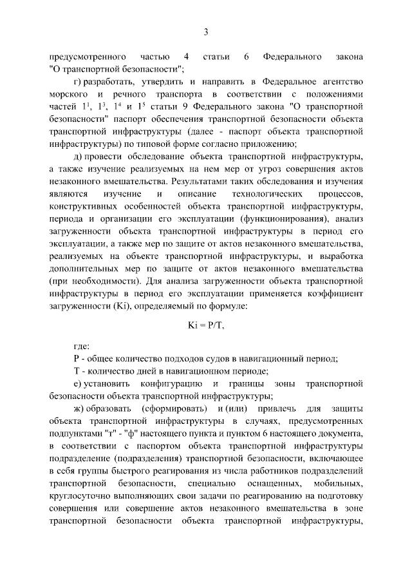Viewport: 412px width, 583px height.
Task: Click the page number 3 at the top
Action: point(206,32)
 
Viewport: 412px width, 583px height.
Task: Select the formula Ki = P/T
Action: point(206,325)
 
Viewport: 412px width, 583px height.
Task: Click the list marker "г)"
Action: point(80,82)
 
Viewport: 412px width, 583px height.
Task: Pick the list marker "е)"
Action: point(80,384)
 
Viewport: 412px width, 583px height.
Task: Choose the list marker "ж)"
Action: point(81,408)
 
